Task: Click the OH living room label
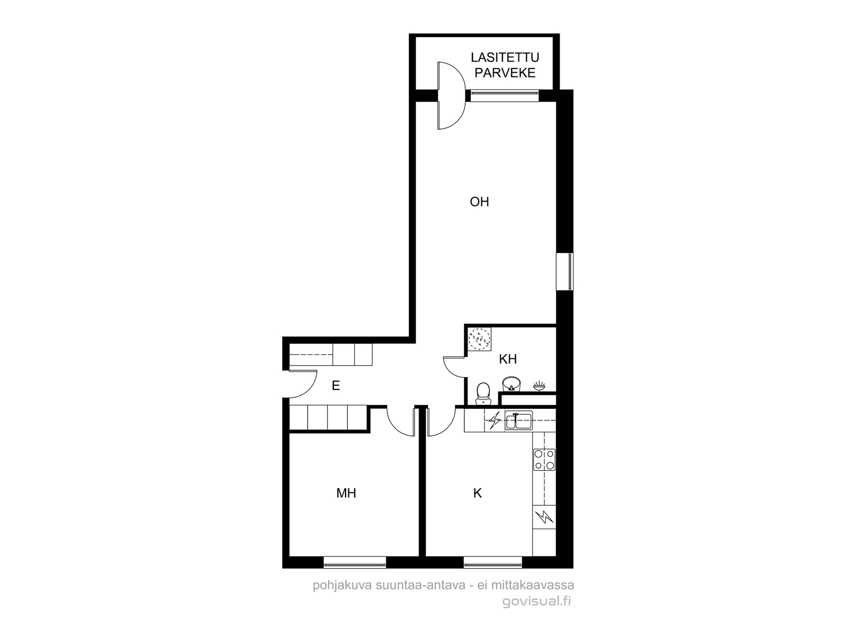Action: tap(479, 202)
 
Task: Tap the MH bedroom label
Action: tap(346, 493)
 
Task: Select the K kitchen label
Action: tap(477, 493)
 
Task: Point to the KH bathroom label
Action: tap(508, 359)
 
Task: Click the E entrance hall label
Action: tap(336, 386)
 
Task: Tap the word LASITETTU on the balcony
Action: tap(505, 57)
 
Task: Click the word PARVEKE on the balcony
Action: tap(505, 73)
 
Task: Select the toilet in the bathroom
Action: tap(483, 393)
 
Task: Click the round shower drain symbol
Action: tap(479, 339)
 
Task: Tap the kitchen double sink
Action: tap(518, 420)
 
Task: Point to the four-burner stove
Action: tap(544, 460)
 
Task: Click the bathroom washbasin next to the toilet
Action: tap(511, 384)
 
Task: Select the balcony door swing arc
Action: tap(452, 96)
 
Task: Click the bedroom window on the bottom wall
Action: tap(355, 562)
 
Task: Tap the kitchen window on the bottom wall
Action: tap(493, 562)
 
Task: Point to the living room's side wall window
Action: tap(564, 272)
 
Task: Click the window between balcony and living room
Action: tap(505, 96)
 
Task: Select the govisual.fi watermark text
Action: tap(536, 601)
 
